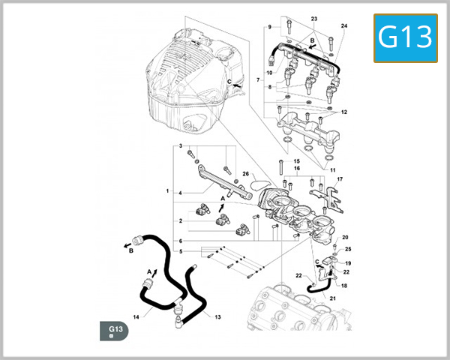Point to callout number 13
217,317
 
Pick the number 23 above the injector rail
314,18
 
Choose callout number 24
344,26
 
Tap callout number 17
339,179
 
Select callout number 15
297,161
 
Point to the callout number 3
180,145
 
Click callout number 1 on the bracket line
167,192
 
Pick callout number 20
346,238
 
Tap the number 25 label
348,249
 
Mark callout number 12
344,112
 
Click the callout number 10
268,73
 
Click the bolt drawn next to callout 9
288,27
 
